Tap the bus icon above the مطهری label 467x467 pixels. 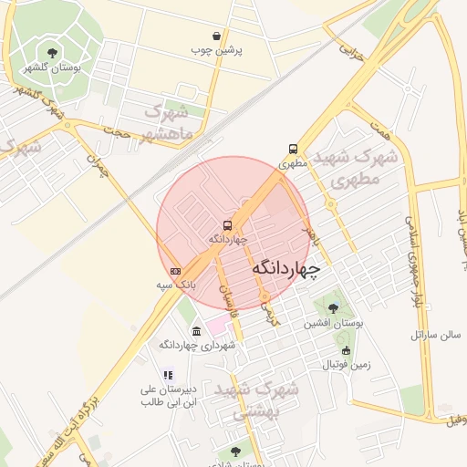click(293, 149)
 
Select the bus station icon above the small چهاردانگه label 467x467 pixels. click(227, 224)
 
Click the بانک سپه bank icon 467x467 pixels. click(175, 271)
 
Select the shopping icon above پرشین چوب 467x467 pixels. click(216, 36)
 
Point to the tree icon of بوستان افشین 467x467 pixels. click(333, 308)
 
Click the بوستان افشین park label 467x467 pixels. click(334, 324)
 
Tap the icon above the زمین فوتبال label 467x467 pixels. click(345, 351)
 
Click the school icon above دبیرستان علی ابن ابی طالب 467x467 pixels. click(168, 374)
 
